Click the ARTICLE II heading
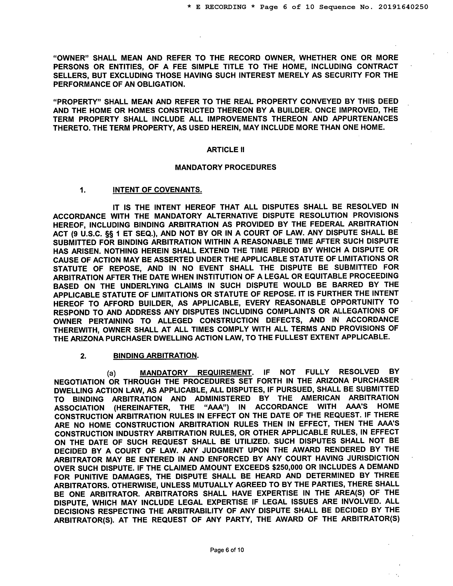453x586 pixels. click(225, 150)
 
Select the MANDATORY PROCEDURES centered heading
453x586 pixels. click(225, 167)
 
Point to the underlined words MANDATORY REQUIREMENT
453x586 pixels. click(196, 372)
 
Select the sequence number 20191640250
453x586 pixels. click(403, 7)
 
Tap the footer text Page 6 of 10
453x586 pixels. click(227, 550)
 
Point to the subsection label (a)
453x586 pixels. click(111, 373)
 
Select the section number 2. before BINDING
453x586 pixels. click(83, 356)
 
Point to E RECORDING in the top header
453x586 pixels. click(221, 7)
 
